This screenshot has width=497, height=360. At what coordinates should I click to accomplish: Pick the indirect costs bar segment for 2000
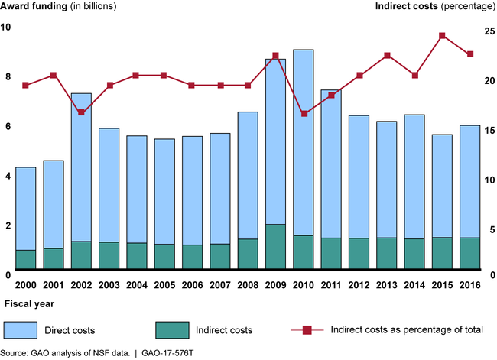pyautogui.click(x=26, y=260)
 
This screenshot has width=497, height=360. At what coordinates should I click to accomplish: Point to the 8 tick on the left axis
pyautogui.click(x=7, y=76)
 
